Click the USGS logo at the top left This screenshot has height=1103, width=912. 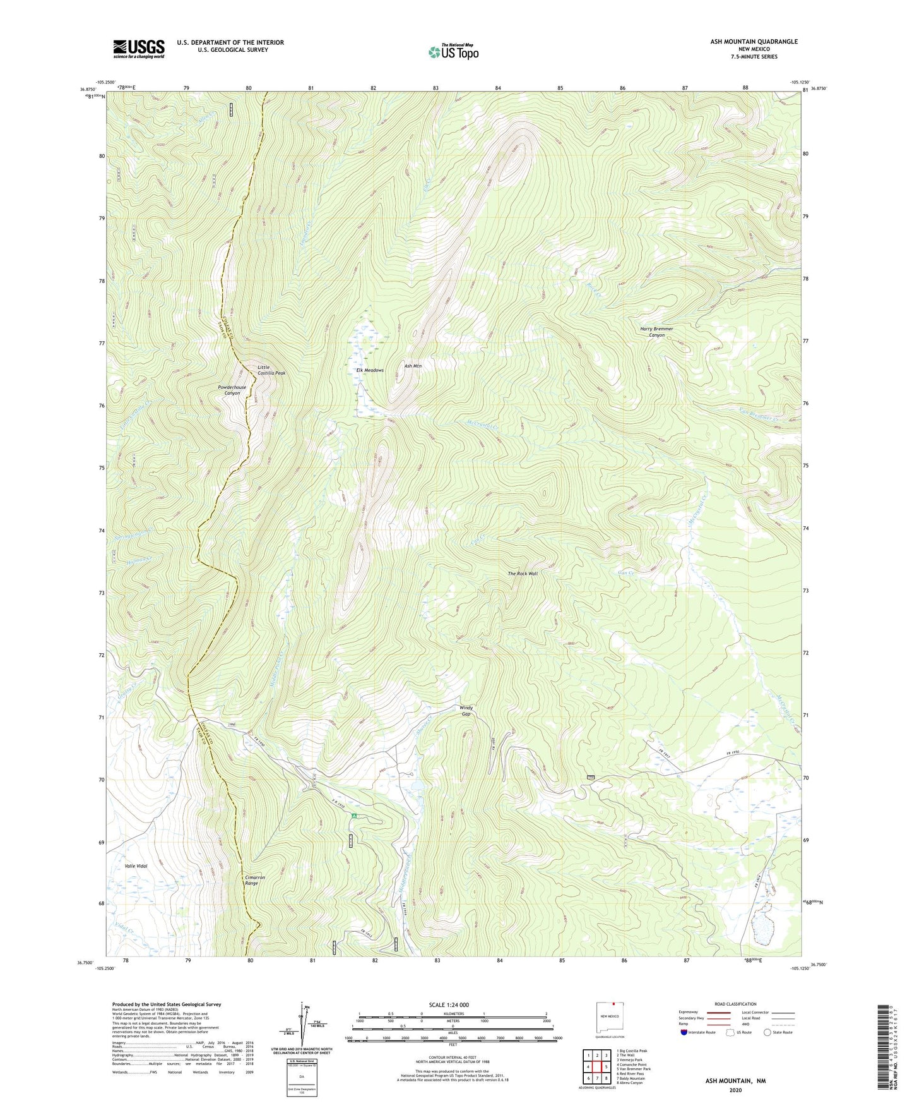tap(139, 49)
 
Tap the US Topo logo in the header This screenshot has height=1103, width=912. tap(453, 51)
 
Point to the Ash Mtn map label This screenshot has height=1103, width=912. tap(413, 366)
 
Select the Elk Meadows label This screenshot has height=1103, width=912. tap(370, 370)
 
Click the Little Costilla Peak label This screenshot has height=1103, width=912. tap(271, 370)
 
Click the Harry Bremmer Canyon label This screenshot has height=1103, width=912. tap(656, 332)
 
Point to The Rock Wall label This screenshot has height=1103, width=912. tap(523, 574)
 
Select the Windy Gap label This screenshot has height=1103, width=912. tap(466, 711)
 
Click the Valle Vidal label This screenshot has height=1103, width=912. tap(136, 866)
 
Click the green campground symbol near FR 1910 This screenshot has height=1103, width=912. tap(355, 816)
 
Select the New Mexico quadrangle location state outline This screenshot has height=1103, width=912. tap(609, 1018)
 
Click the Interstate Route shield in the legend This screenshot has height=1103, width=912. tap(685, 1032)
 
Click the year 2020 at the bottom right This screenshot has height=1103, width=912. tap(735, 1090)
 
